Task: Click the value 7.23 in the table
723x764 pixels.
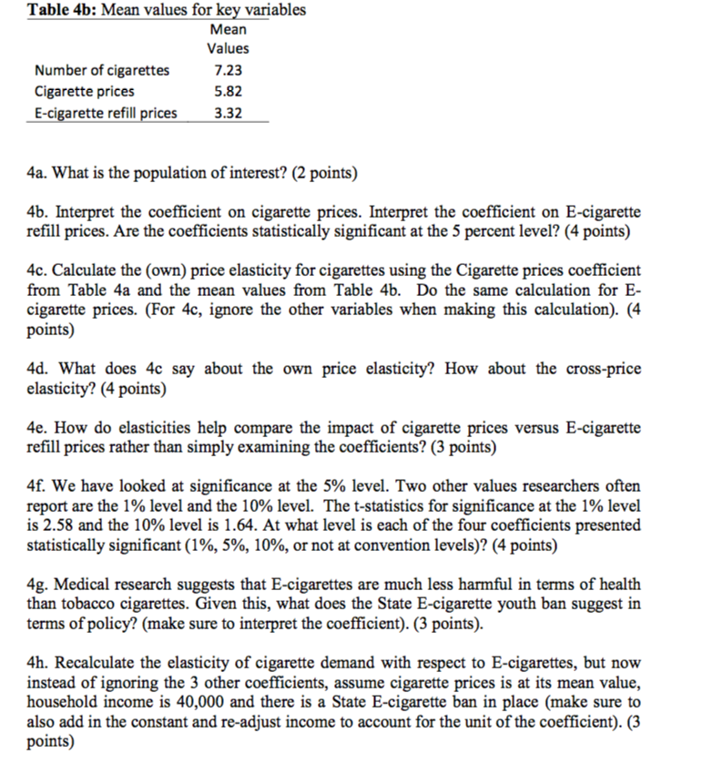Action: (x=227, y=70)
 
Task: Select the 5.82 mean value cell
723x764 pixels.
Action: (x=227, y=91)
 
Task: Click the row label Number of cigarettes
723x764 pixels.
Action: (x=101, y=70)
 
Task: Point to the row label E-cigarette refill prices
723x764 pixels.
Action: (x=106, y=113)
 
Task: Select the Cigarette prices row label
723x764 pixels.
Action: (x=84, y=91)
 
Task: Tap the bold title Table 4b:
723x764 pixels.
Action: (x=59, y=11)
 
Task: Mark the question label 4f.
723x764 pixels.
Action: (x=37, y=486)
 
